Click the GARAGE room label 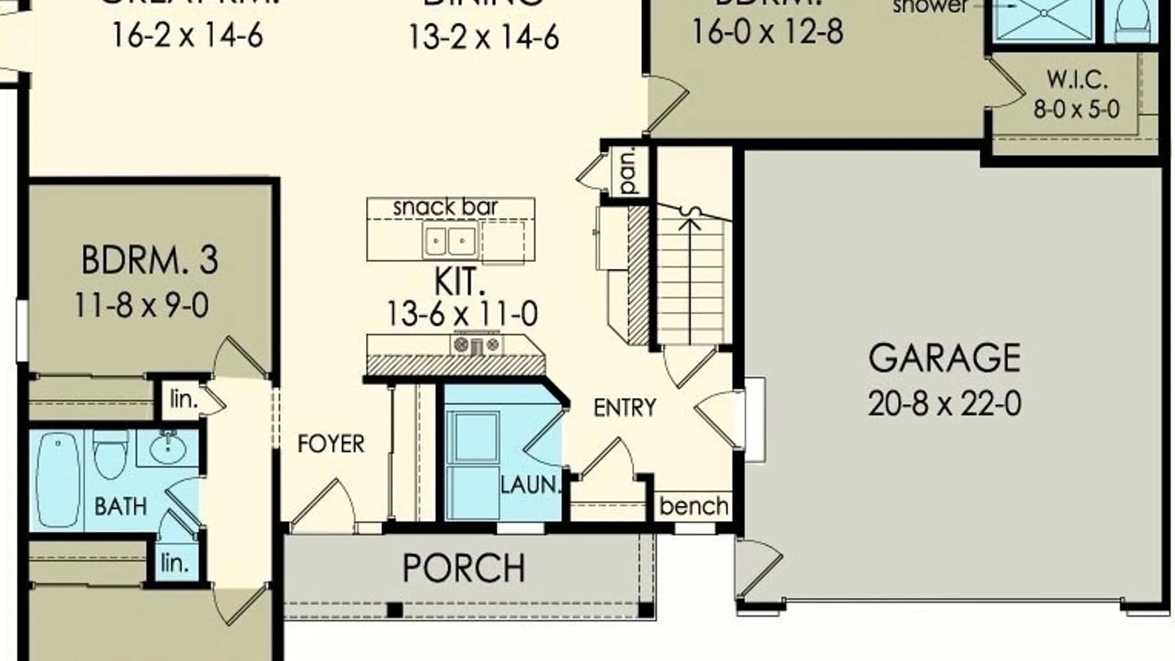tap(944, 359)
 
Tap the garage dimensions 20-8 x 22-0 tap(944, 404)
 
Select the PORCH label tap(464, 569)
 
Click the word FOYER tap(330, 444)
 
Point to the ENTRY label tap(624, 408)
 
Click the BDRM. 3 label tap(149, 260)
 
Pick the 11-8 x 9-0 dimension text tap(142, 305)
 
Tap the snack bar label tap(445, 207)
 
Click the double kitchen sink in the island tap(450, 241)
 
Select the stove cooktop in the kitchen tap(477, 345)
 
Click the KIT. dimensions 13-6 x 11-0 tap(462, 314)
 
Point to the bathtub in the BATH tap(58, 479)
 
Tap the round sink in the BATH tap(167, 449)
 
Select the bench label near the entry tap(694, 507)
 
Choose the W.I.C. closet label tap(1076, 80)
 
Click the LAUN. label tap(531, 485)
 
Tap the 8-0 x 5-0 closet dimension tap(1076, 110)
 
